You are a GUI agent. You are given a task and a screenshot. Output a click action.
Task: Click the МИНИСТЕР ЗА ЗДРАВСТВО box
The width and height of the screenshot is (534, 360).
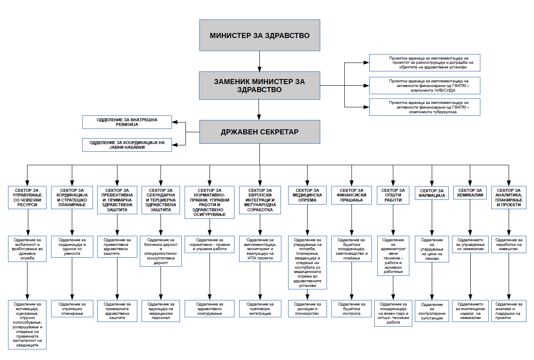click(x=259, y=35)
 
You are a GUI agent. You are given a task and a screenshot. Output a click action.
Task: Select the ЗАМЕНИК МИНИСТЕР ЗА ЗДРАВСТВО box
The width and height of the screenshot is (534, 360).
click(x=259, y=85)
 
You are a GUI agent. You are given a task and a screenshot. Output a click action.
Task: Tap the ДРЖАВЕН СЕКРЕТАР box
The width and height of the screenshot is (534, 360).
click(x=259, y=132)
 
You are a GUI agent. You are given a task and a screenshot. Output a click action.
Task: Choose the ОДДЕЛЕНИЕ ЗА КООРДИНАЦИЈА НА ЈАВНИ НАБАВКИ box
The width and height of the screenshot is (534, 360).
click(x=127, y=145)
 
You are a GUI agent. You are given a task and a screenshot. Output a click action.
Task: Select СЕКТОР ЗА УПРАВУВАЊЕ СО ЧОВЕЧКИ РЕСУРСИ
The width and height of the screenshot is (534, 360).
click(x=27, y=197)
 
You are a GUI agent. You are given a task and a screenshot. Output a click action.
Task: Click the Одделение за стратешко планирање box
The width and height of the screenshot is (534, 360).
click(x=72, y=308)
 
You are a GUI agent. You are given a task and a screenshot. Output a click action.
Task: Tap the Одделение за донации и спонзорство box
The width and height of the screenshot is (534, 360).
click(x=307, y=308)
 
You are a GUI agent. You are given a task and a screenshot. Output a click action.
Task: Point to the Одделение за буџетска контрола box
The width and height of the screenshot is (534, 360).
click(x=351, y=308)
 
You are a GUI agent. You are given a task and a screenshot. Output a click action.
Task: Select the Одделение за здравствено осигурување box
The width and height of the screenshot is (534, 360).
click(x=210, y=308)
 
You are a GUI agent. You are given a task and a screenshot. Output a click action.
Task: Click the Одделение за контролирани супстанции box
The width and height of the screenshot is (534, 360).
click(x=432, y=311)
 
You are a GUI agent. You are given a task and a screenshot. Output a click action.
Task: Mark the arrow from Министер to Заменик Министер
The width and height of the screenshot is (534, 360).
click(x=259, y=61)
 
